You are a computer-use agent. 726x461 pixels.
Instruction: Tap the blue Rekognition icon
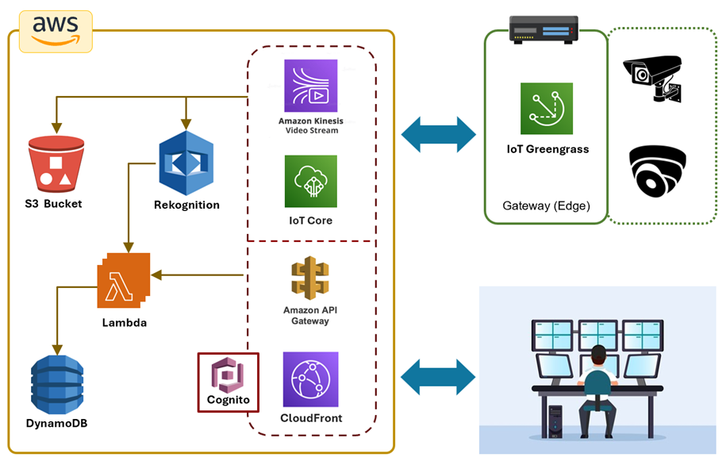point(186,163)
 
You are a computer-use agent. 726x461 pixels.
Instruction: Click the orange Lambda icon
point(123,282)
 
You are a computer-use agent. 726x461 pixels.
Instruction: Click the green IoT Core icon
point(310,181)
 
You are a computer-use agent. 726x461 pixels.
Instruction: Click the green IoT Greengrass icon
point(547,109)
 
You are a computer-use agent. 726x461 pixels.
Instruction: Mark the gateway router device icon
point(544,30)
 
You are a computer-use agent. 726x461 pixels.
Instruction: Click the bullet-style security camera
point(654,77)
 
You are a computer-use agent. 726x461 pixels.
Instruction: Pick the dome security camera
point(657,170)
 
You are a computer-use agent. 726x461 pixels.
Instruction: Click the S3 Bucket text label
point(53,204)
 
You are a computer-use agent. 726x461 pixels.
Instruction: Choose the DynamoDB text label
point(56,423)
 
